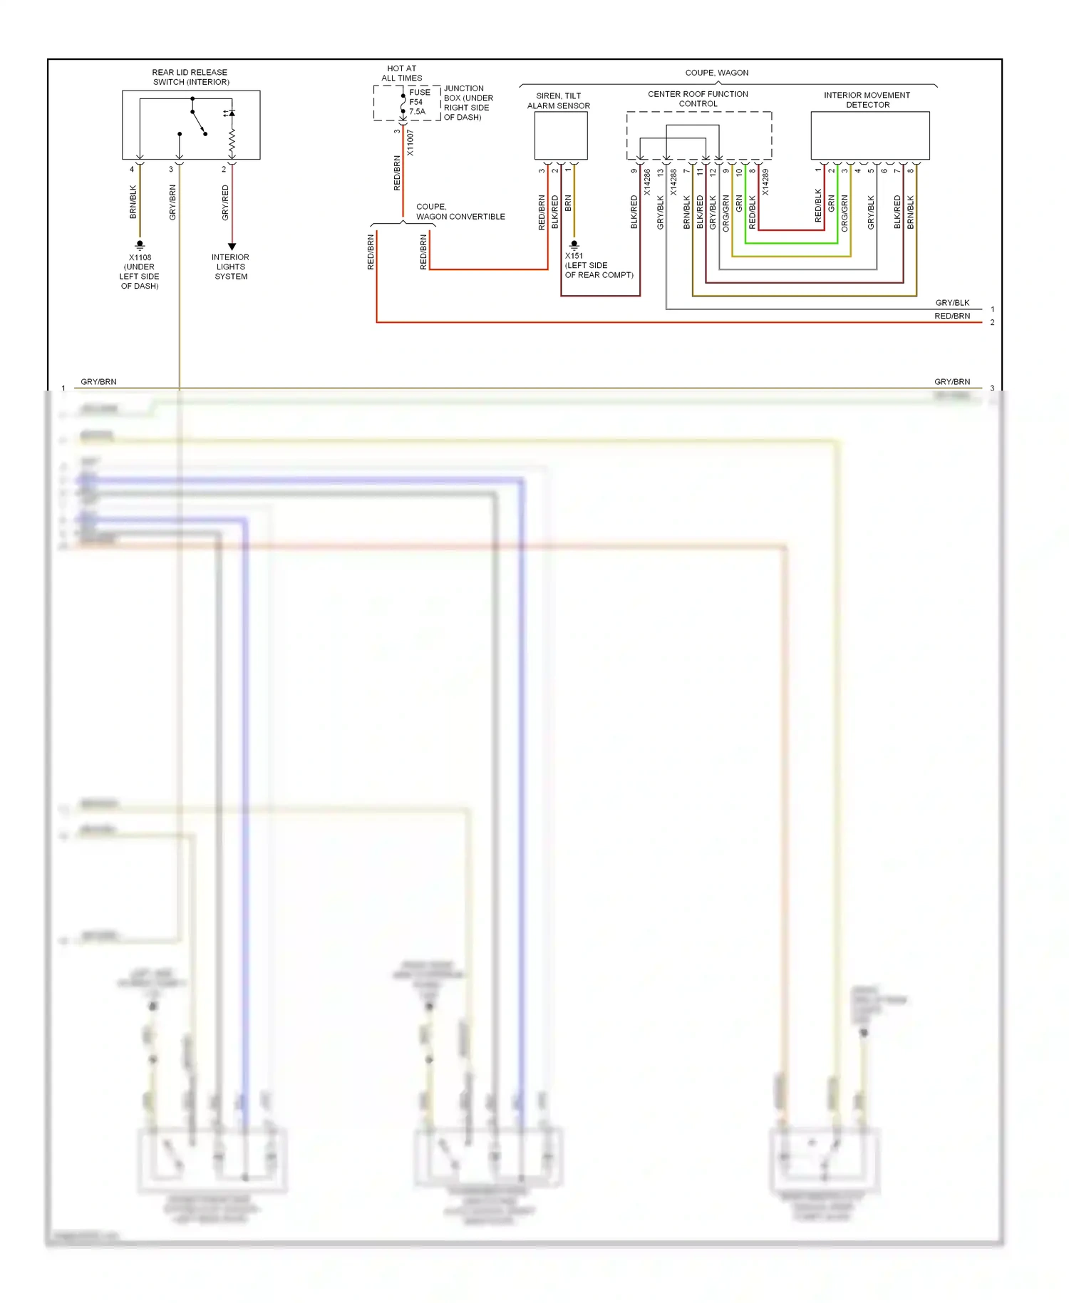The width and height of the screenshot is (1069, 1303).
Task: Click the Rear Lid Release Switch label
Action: [x=190, y=77]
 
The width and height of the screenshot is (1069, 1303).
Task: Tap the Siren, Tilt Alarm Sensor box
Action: [x=561, y=135]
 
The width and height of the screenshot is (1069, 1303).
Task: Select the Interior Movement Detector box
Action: [x=869, y=135]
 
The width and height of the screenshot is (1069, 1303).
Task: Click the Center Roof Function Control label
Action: [x=698, y=98]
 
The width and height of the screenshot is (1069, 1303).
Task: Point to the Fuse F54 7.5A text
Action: [x=419, y=102]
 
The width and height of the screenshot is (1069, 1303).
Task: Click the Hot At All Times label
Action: [x=402, y=73]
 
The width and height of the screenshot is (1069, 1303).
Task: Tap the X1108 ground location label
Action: [x=140, y=272]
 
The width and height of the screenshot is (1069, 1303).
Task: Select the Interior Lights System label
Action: [x=230, y=267]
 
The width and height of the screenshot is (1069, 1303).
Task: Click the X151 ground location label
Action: [x=599, y=265]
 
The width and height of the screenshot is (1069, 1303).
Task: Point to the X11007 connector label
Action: [x=410, y=143]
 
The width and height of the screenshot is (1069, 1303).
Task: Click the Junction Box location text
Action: [x=468, y=103]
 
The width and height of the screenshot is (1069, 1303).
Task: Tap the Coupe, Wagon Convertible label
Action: [x=460, y=212]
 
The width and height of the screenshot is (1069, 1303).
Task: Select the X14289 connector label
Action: [x=765, y=182]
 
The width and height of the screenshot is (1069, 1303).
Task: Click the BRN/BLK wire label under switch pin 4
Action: [x=133, y=202]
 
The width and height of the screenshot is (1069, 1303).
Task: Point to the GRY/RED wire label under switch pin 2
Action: [x=225, y=202]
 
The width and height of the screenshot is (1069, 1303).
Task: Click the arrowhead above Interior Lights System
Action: [x=232, y=246]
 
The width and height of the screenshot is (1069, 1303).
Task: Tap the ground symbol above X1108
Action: [x=140, y=244]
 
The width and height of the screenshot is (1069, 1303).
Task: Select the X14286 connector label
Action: [x=647, y=182]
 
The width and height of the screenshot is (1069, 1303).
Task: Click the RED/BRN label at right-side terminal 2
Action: [x=952, y=316]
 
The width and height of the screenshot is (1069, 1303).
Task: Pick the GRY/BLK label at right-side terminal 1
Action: [x=952, y=303]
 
